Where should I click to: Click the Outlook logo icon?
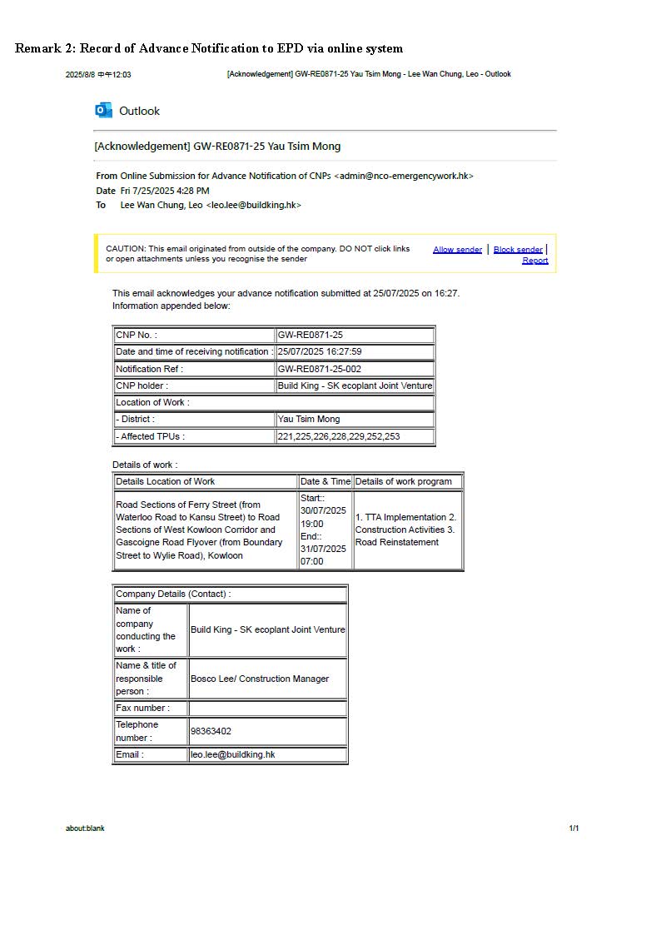104,110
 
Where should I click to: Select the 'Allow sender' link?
457,249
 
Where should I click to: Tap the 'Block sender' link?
518,249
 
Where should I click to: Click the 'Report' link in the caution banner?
535,260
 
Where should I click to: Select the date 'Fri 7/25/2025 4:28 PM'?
165,191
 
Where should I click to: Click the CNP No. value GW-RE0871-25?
311,335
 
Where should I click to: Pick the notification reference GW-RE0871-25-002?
320,369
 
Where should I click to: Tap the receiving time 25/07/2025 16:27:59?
320,351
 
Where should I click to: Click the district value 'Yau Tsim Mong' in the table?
309,419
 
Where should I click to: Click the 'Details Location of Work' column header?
166,481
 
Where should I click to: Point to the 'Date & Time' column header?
326,481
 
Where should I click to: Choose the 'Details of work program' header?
404,481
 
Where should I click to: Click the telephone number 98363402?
211,731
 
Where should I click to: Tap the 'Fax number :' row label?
142,708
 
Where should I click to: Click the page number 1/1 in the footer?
574,828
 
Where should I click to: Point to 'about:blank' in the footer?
85,828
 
